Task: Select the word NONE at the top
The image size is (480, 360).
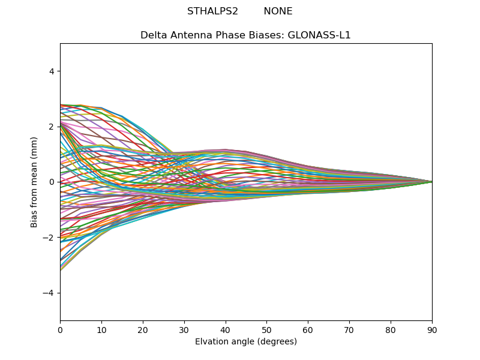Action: [278, 11]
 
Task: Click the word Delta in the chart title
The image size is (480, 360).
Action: [152, 35]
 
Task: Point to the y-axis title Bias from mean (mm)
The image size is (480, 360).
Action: [35, 182]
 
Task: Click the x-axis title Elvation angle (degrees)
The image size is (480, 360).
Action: [246, 341]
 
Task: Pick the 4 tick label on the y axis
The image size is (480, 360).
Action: [52, 71]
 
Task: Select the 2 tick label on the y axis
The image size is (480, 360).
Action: [52, 127]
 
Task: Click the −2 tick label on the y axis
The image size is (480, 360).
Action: [49, 238]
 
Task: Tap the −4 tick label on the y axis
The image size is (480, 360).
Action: [49, 293]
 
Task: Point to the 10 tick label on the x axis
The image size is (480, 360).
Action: [101, 329]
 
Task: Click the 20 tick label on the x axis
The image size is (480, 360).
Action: [143, 329]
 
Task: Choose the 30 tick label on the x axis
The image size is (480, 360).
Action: [184, 329]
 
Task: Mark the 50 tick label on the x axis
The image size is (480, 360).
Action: [266, 329]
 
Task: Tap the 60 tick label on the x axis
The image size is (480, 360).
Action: [308, 329]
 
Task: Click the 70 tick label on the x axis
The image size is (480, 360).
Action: [349, 329]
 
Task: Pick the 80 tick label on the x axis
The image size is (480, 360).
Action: [391, 329]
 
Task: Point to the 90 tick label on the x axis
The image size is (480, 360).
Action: [432, 329]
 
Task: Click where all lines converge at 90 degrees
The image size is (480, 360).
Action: [431, 182]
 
